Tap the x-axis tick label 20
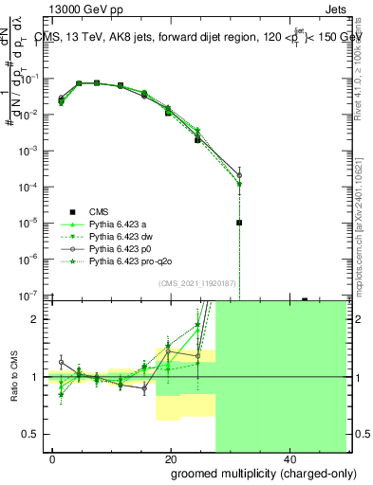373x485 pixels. tap(170, 458)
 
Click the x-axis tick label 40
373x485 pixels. tap(288, 458)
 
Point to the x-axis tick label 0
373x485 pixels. tap(53, 458)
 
